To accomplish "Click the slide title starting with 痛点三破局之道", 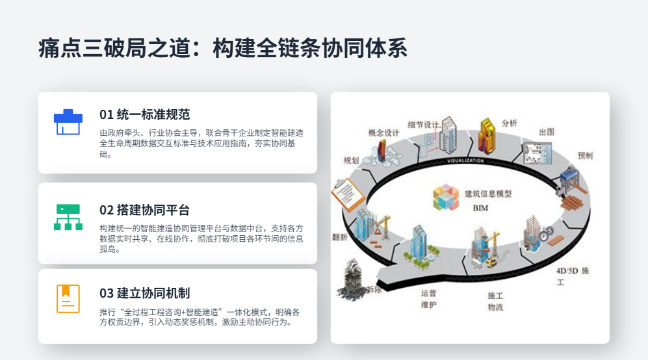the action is click(222, 49).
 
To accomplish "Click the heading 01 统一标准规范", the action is click(144, 114).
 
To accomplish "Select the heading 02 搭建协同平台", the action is click(144, 210).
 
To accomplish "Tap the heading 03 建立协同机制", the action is click(144, 293).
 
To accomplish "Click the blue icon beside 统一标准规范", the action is click(68, 122).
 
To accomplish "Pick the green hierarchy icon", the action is click(68, 217).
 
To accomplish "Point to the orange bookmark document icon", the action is click(68, 299).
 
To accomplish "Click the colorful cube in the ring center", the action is click(446, 198).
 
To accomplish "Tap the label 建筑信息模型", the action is click(488, 194).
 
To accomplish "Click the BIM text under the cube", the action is click(480, 208).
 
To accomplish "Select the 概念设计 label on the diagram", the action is click(384, 133).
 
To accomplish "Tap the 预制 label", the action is click(585, 156).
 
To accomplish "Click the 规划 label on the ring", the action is click(351, 160).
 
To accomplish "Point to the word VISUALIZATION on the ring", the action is click(465, 161).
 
